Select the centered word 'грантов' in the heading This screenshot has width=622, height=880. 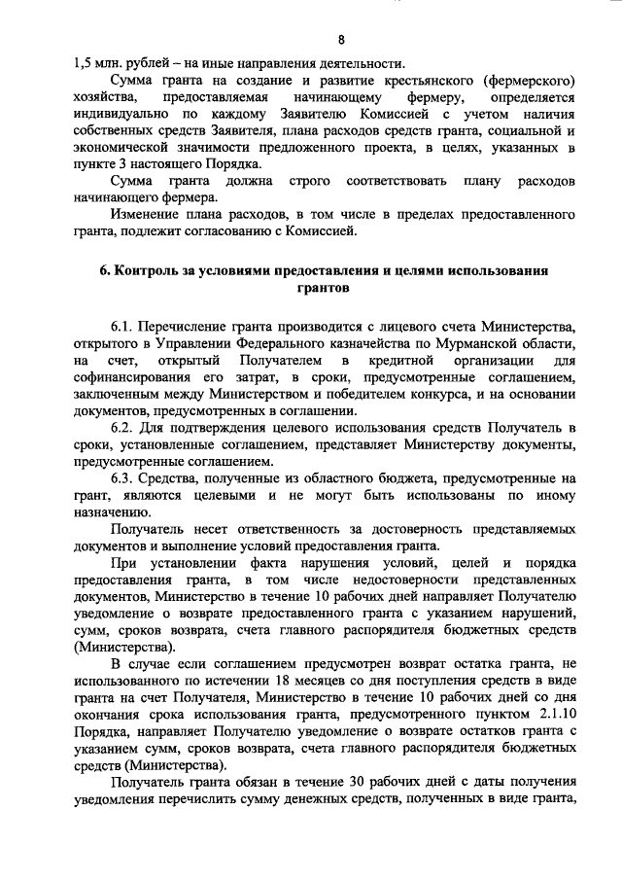[x=325, y=288]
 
